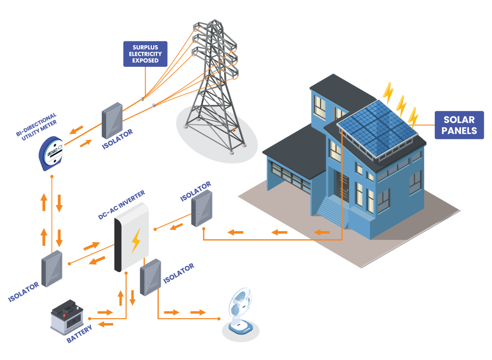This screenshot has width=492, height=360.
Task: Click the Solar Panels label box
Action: [x=459, y=125]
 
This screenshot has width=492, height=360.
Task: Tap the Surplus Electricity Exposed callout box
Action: [x=145, y=54]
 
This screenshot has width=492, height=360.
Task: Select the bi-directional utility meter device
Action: [x=51, y=153]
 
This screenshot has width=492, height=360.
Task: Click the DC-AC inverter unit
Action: [x=131, y=237]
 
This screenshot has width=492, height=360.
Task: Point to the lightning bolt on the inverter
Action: [x=136, y=240]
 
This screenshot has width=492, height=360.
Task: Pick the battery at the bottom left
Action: [x=67, y=317]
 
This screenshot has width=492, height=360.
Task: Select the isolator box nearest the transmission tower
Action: [x=112, y=121]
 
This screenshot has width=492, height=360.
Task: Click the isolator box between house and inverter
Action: [x=202, y=209]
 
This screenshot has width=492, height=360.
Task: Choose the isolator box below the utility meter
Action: [x=52, y=269]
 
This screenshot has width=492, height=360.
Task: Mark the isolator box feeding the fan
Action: [x=150, y=277]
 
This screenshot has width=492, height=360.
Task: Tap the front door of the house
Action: [x=343, y=186]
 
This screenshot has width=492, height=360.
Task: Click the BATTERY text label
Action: [x=80, y=334]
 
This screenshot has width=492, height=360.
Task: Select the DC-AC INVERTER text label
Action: [x=122, y=205]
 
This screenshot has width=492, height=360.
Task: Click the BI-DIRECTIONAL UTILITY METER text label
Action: [x=37, y=126]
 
